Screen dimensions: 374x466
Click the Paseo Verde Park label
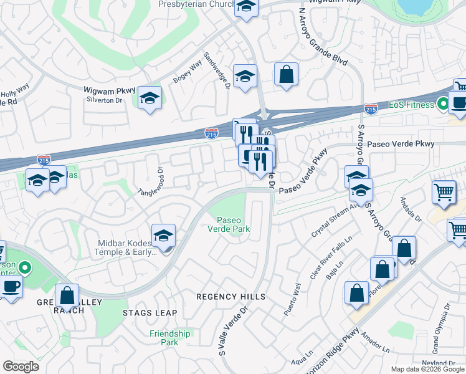[234, 224]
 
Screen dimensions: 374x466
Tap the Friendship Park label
[169, 338]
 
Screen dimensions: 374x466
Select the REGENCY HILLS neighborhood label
[231, 297]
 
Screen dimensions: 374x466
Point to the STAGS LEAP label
[150, 313]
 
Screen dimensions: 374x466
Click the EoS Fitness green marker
[444, 104]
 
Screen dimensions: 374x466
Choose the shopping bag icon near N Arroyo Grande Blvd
[286, 74]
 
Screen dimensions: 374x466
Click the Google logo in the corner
[21, 367]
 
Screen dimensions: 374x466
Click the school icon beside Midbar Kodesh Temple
[163, 236]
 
